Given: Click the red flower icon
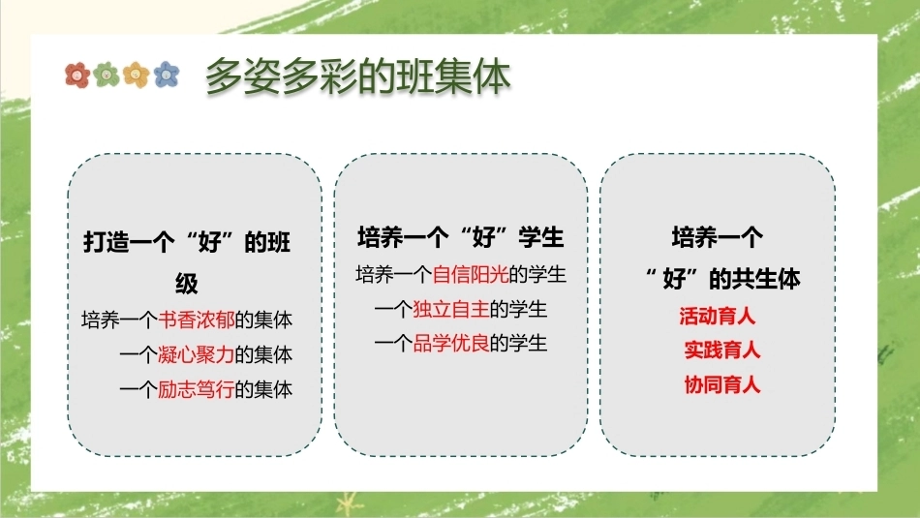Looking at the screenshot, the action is point(77,76).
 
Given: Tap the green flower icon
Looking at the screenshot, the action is point(107,76).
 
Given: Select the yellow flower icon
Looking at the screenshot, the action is point(137,76).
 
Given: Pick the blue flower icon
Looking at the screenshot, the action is point(166,75).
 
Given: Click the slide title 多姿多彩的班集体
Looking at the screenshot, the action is point(358,76).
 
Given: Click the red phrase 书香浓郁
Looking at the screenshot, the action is point(197,320).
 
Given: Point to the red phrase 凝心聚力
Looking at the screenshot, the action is point(197,354).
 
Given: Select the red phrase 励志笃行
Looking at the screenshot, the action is point(197,389).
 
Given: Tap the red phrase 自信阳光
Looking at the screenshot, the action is point(471,274).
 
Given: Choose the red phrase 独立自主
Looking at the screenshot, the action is point(451,309).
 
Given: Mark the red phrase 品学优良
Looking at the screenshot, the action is point(451,343).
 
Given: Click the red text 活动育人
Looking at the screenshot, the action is point(717,317).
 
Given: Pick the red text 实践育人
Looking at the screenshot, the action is point(722,350).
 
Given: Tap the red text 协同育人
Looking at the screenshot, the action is point(722,384).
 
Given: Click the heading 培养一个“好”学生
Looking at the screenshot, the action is point(461,237).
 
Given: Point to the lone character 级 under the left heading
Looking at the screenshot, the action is point(187,284).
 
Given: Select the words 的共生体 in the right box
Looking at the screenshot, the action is point(755,278).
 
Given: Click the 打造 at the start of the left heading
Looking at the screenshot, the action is point(106,242).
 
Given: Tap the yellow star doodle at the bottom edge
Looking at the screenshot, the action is point(349,504).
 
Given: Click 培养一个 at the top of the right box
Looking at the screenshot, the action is point(718,237).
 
